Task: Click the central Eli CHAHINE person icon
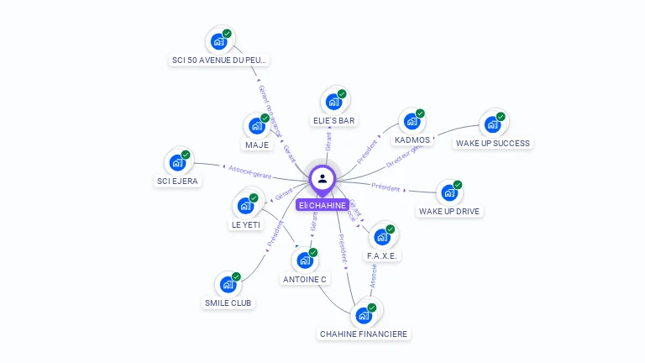coord(322,178)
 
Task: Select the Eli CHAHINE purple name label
coord(322,205)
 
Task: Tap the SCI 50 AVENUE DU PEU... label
coord(220,60)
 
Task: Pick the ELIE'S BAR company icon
coord(333,103)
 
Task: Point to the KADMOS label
coord(412,140)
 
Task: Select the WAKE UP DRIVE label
coord(449,211)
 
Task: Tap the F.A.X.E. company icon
coord(381,237)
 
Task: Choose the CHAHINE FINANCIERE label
coord(364,334)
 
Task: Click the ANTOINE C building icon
coord(304,260)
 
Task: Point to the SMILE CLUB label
coord(228,302)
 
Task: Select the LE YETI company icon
coord(244,206)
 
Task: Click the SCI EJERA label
coord(178,181)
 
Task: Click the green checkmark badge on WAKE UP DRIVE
coord(458,185)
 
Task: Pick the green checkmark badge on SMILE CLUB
coord(236,276)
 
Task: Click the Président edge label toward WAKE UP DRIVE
coord(385,187)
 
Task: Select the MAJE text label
coord(257,145)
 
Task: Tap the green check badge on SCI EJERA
coord(186,155)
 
